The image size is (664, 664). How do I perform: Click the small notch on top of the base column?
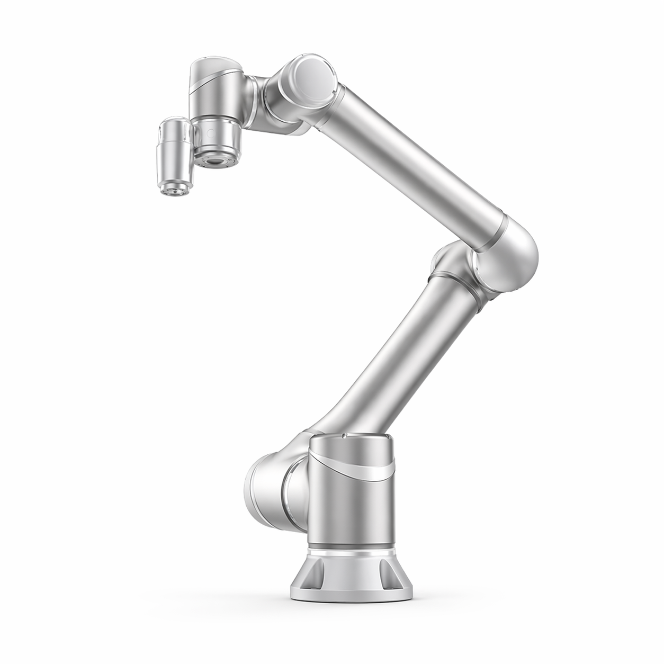pos(344,436)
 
